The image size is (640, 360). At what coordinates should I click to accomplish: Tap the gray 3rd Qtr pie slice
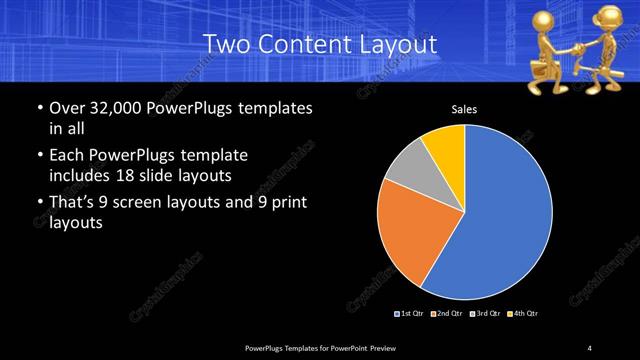pyautogui.click(x=407, y=167)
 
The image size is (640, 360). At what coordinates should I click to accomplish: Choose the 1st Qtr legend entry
pyautogui.click(x=410, y=314)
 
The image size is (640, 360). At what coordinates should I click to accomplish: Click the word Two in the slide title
pyautogui.click(x=225, y=45)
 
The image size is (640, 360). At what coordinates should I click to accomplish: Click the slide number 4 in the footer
pyautogui.click(x=590, y=347)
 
